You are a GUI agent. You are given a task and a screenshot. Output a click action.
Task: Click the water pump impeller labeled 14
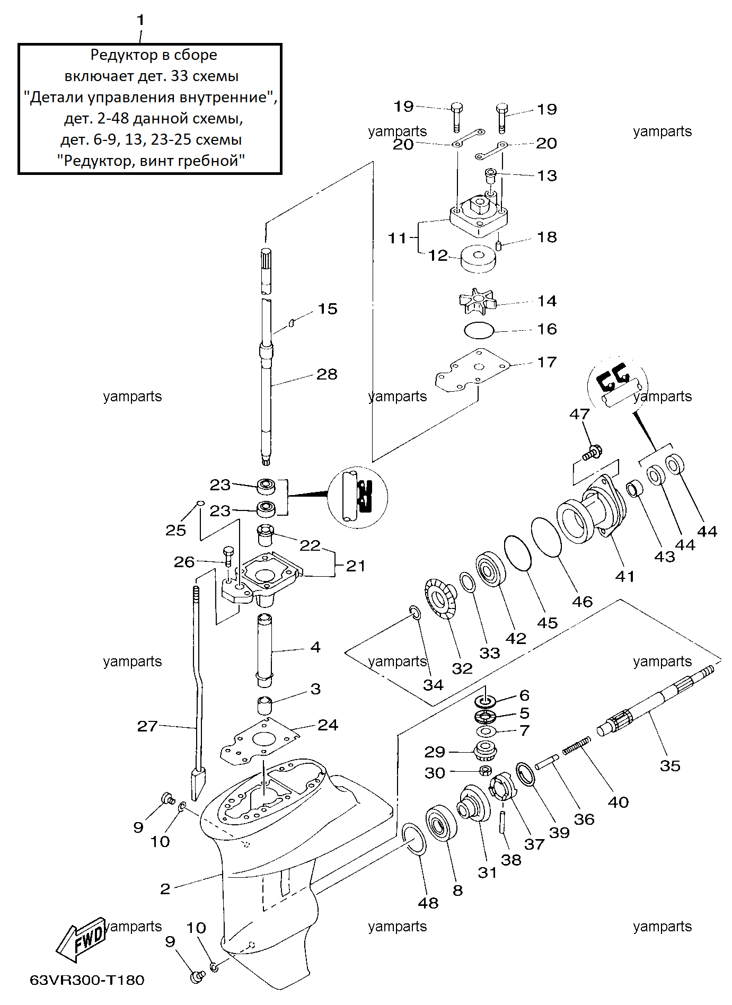478,302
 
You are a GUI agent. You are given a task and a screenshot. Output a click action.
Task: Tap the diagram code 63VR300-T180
87,980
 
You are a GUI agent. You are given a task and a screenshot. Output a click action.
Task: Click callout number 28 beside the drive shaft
327,374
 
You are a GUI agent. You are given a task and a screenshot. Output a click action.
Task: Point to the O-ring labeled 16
479,330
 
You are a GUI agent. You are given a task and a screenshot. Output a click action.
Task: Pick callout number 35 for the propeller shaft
670,765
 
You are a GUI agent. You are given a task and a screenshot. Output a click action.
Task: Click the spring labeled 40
577,745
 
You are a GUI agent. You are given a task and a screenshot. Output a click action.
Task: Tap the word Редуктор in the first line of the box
116,55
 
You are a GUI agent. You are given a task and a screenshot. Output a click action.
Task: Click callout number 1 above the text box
140,20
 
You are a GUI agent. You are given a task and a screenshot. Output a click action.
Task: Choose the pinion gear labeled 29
484,750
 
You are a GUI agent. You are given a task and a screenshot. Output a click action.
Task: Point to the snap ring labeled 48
413,839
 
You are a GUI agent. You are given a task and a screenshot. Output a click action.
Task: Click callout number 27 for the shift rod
147,726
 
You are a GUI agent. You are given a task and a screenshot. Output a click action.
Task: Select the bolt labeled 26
228,557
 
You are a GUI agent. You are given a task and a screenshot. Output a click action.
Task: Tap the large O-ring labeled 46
546,537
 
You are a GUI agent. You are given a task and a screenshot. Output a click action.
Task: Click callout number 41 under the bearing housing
625,576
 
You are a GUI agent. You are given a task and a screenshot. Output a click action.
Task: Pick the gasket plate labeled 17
472,370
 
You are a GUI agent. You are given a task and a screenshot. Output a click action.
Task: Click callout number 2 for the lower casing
165,888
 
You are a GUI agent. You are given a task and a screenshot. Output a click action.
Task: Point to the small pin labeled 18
498,245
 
